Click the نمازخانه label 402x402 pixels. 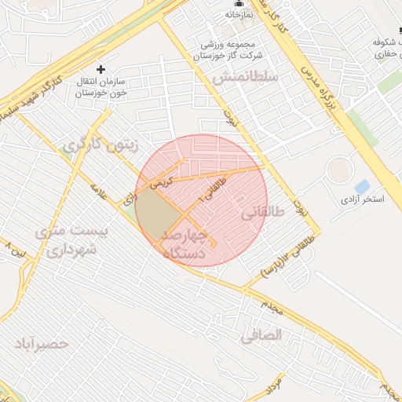(x=239, y=14)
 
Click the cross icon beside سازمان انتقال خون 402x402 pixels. (x=100, y=69)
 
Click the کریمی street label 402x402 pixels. (x=160, y=181)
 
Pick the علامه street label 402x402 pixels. (x=99, y=191)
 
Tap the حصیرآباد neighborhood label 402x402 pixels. (x=41, y=344)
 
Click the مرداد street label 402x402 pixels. (x=272, y=384)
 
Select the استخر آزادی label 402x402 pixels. (x=362, y=199)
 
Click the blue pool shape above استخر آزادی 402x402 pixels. (x=362, y=186)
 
